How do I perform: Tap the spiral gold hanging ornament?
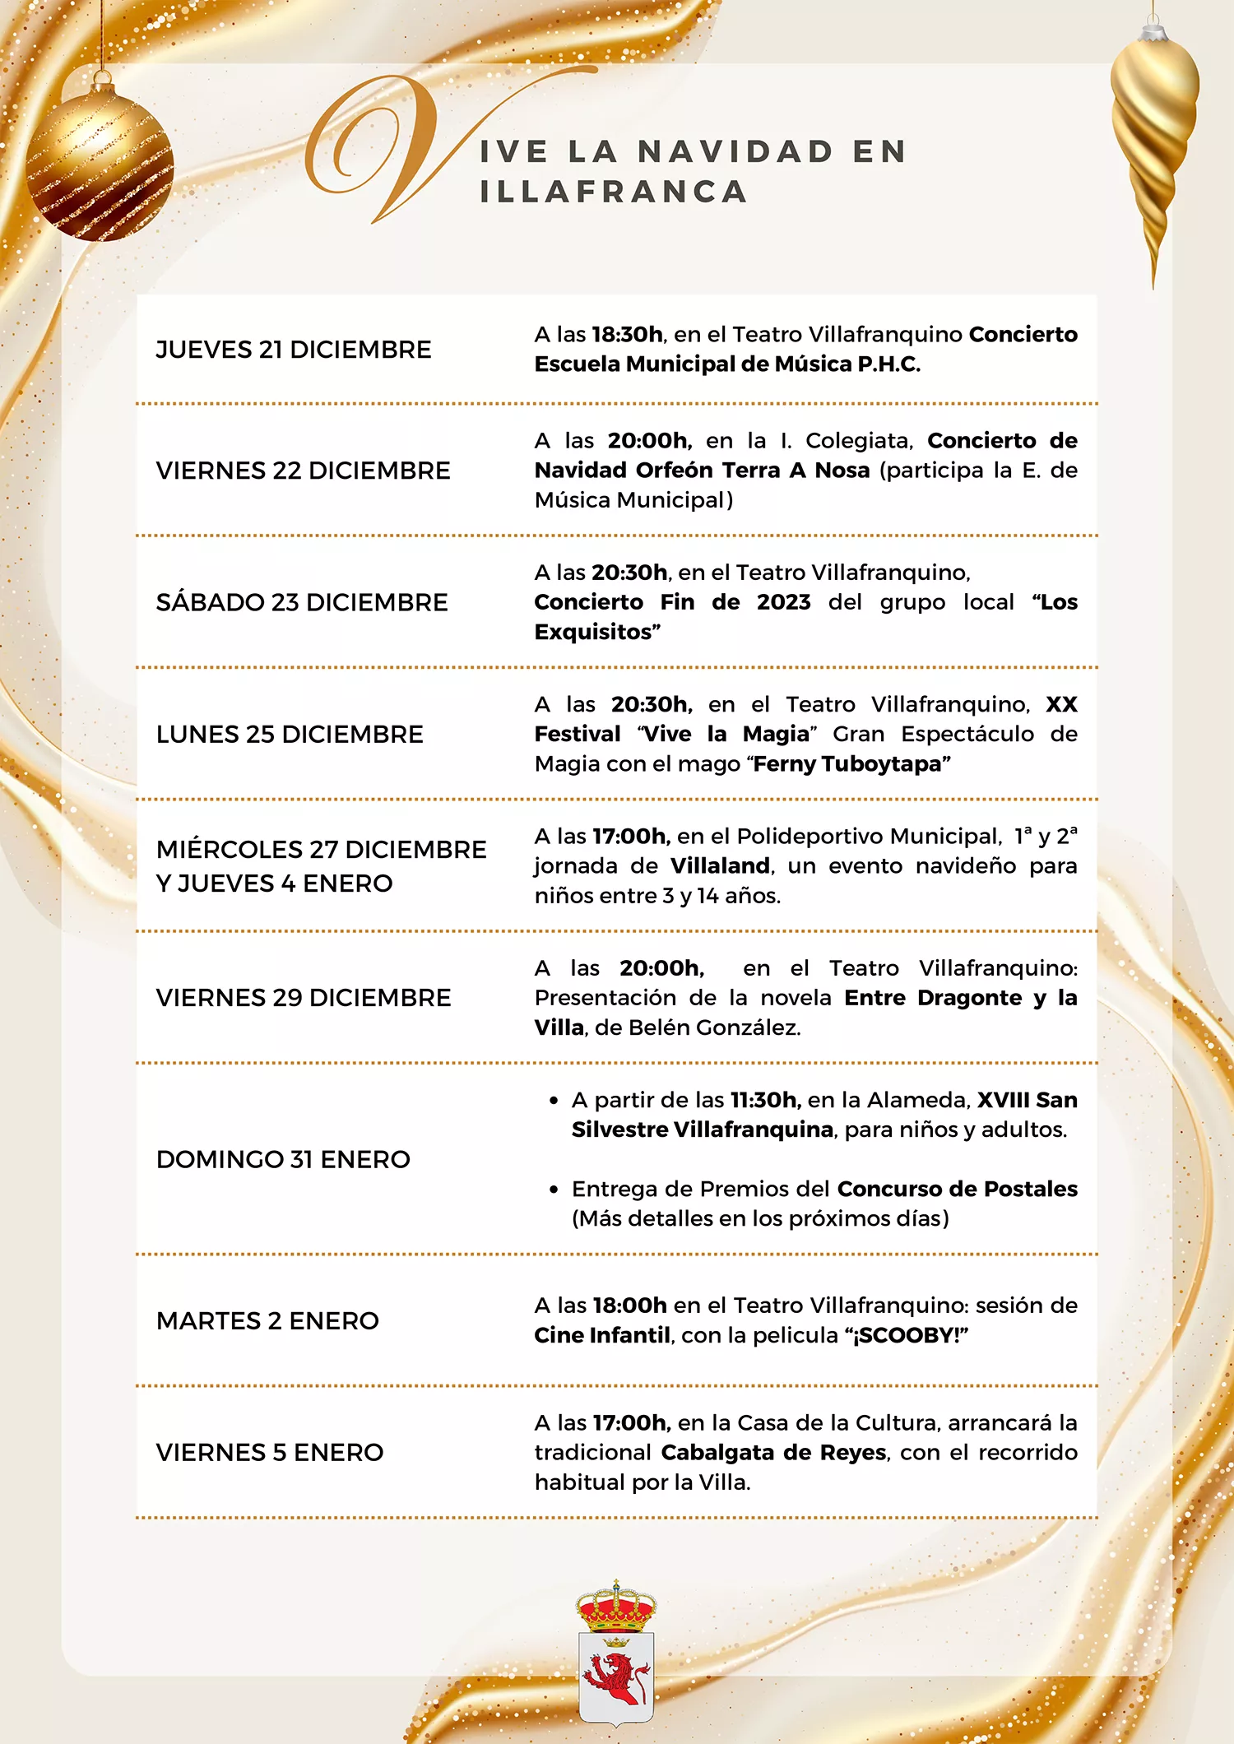click(1153, 132)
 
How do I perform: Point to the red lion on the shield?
click(616, 1678)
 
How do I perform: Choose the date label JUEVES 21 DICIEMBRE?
click(294, 350)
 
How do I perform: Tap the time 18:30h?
click(627, 335)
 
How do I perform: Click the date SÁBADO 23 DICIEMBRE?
click(302, 602)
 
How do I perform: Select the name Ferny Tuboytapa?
click(851, 764)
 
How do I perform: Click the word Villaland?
click(720, 866)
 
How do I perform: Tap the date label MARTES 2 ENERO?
click(267, 1320)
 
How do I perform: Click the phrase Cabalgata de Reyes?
click(773, 1453)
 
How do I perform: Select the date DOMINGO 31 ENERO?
click(283, 1159)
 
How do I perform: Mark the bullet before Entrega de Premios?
click(554, 1190)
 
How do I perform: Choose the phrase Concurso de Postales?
click(957, 1189)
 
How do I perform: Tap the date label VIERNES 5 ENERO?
click(270, 1453)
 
